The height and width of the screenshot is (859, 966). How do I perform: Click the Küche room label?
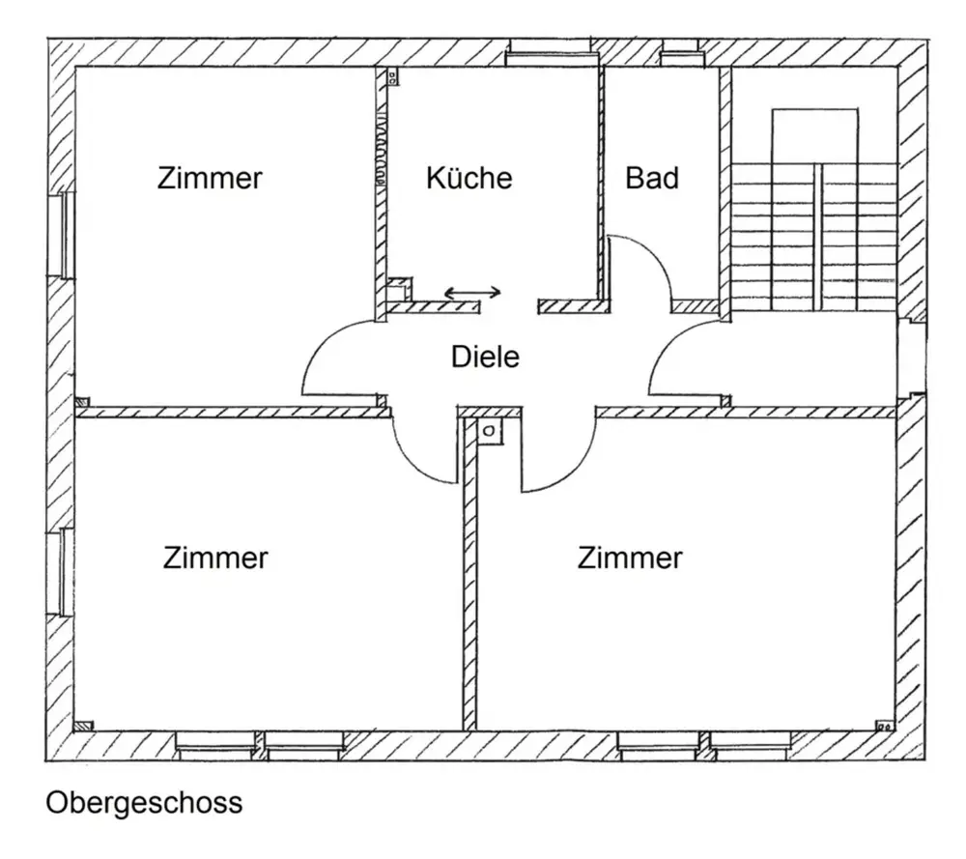[469, 178]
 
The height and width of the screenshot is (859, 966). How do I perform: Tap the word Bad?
[652, 178]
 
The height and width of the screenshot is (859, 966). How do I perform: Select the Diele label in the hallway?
[485, 357]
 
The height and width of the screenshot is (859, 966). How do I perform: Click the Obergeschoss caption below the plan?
[144, 803]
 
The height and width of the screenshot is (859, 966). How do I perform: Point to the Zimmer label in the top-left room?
[210, 179]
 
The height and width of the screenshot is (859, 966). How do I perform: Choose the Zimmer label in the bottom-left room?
[215, 558]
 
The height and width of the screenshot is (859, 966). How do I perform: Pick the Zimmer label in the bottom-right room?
[630, 558]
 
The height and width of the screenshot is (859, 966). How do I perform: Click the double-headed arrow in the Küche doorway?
[472, 292]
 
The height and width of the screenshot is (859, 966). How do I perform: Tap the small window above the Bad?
[680, 52]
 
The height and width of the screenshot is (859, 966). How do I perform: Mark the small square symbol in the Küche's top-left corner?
[393, 77]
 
